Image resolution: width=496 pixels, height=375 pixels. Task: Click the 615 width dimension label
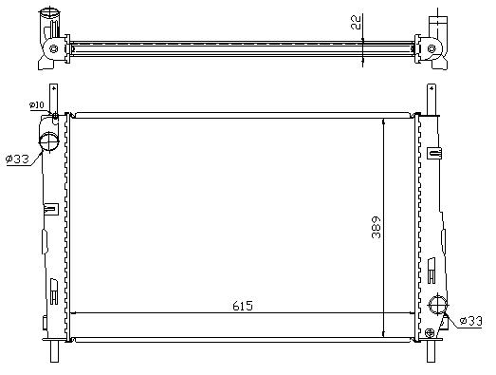point(243,306)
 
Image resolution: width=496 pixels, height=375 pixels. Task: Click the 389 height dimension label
point(377,228)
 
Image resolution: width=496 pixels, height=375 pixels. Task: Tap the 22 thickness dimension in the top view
point(356,22)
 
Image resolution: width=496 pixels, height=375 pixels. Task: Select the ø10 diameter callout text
point(36,104)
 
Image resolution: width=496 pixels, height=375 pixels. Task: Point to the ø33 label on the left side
point(17,159)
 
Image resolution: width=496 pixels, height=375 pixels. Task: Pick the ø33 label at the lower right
point(470,321)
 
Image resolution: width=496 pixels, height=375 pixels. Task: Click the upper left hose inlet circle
point(48,141)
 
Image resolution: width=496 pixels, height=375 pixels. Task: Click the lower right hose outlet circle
point(438,305)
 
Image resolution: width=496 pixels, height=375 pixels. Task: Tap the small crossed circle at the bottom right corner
point(430,332)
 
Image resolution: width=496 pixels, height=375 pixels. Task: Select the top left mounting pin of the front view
point(53,98)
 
